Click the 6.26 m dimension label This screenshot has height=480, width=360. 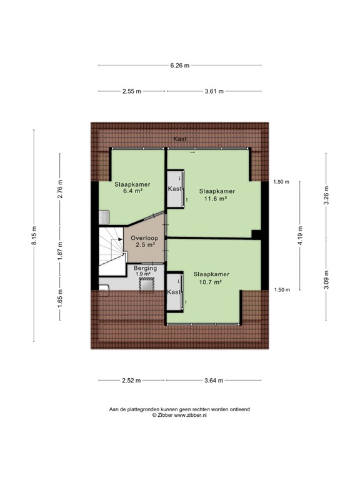point(180,65)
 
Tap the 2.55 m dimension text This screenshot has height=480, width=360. point(132,91)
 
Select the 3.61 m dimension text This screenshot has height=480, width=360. point(214,91)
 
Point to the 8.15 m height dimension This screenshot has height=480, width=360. point(34,236)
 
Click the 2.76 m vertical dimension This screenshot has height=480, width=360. point(60,189)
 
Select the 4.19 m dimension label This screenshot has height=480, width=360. point(300,236)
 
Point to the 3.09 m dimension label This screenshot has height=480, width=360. point(326,279)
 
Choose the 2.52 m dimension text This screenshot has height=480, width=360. point(131,381)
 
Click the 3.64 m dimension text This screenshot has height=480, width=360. point(214,381)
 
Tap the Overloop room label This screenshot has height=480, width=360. point(144,238)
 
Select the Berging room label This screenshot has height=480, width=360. point(145,268)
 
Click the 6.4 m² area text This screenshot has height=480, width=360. point(132,191)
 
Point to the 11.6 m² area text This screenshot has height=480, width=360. point(216,198)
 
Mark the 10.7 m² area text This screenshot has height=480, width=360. point(210,282)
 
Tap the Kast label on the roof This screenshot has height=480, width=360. point(180,139)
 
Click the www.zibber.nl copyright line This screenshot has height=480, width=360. point(179,416)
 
